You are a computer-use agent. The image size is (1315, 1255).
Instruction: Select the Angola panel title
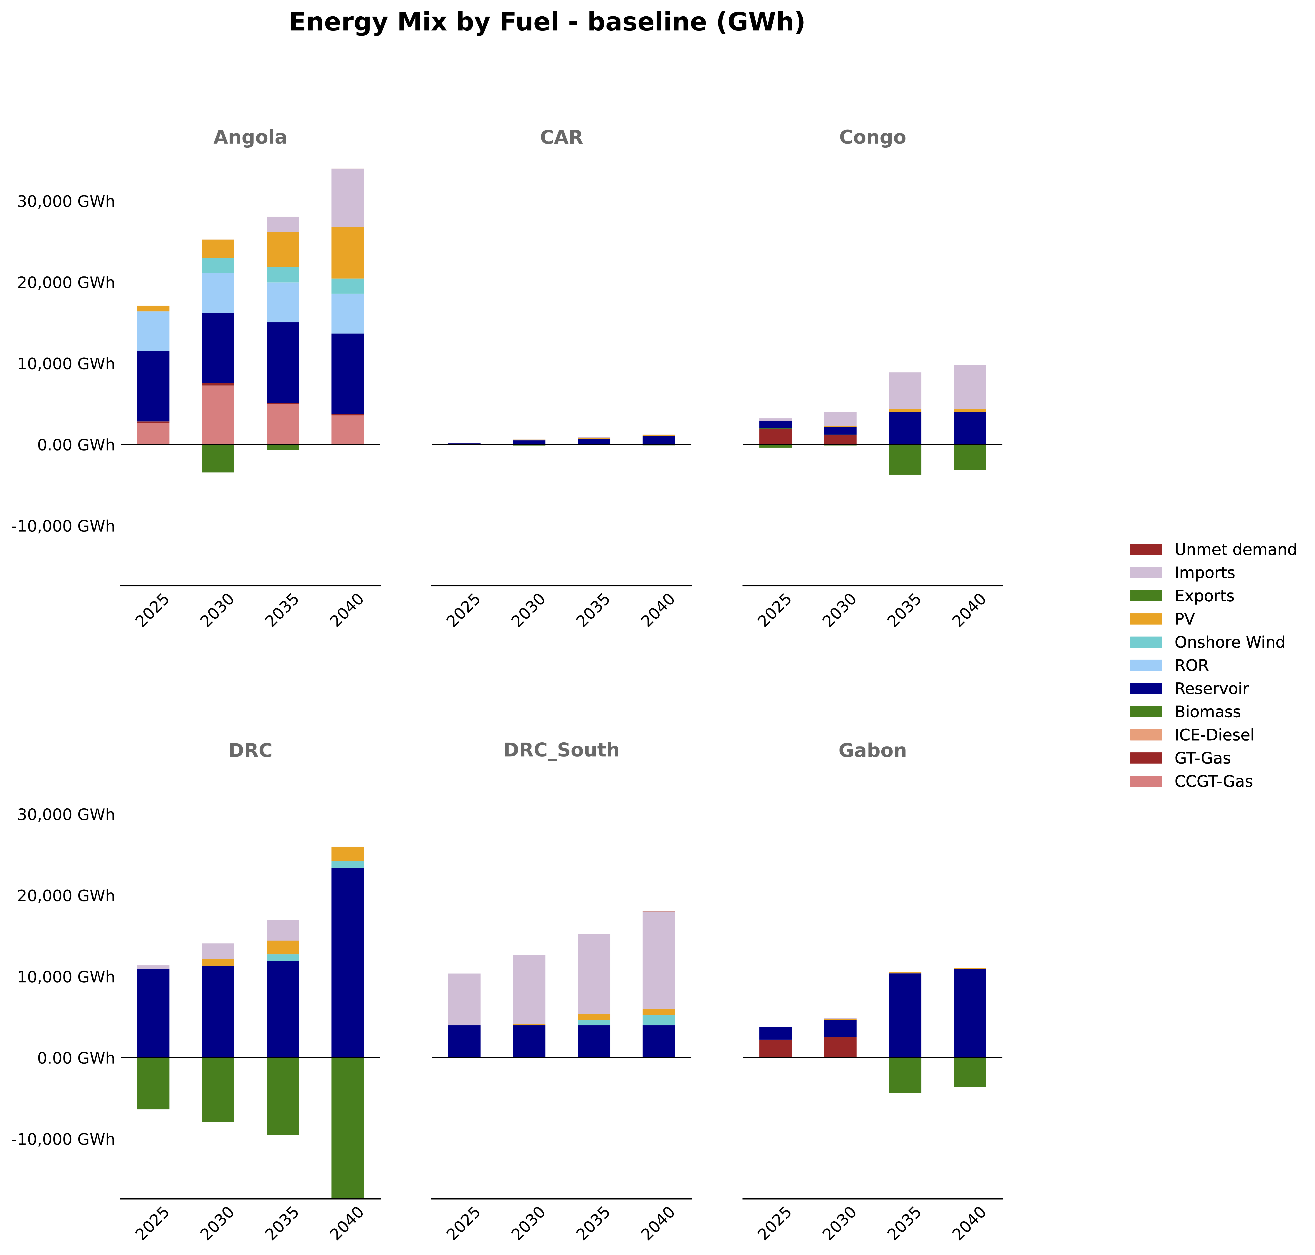[250, 138]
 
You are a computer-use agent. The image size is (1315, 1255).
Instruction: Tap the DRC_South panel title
[561, 751]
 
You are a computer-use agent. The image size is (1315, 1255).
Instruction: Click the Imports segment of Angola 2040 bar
[348, 198]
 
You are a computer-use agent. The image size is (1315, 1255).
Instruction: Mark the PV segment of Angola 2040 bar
[348, 253]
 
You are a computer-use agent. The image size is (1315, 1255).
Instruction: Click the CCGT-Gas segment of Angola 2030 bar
[218, 415]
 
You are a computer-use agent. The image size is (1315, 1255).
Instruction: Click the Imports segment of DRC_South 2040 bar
[659, 960]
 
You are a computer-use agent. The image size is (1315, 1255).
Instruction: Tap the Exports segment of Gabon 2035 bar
[905, 1075]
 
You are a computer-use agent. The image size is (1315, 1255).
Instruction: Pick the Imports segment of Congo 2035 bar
[905, 391]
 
